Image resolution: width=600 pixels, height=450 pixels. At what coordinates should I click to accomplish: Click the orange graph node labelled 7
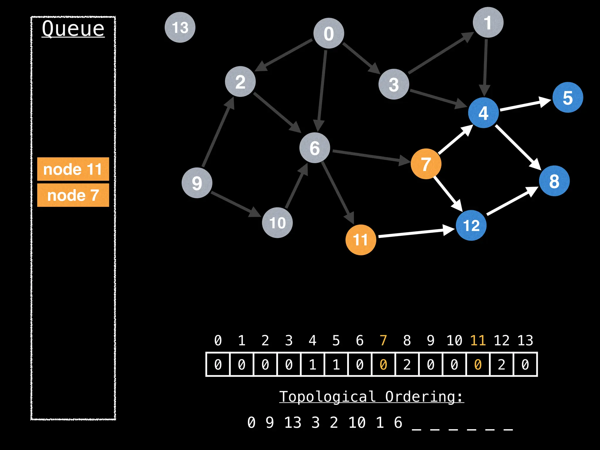[426, 164]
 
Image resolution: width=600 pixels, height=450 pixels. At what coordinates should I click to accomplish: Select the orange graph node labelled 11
[361, 240]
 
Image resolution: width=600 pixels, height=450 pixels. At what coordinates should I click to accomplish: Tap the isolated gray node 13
[180, 27]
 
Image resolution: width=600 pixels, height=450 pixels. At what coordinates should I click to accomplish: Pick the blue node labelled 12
[471, 225]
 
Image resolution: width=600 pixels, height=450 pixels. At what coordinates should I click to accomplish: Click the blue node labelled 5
[567, 98]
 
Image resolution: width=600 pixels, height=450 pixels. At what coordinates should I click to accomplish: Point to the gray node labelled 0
[329, 33]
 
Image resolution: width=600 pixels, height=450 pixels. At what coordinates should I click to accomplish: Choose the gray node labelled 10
[277, 223]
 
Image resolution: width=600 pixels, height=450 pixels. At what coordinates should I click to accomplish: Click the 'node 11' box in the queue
[73, 169]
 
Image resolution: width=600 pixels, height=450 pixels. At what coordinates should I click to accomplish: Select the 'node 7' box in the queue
[73, 195]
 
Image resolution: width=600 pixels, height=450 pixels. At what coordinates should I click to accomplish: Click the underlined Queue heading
[73, 29]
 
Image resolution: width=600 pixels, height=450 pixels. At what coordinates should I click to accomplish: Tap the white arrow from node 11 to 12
[416, 233]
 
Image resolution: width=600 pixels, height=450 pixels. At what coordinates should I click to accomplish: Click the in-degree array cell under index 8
[407, 364]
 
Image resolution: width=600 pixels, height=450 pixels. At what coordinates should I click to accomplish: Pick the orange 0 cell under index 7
[383, 364]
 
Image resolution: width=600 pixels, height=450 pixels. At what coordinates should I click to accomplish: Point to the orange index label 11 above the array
[478, 340]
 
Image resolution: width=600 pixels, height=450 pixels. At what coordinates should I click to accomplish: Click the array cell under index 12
[502, 364]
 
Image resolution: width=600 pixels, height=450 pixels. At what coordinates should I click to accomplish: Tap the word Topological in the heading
[327, 397]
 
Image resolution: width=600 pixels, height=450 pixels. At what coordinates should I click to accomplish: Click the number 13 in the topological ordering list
[292, 422]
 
